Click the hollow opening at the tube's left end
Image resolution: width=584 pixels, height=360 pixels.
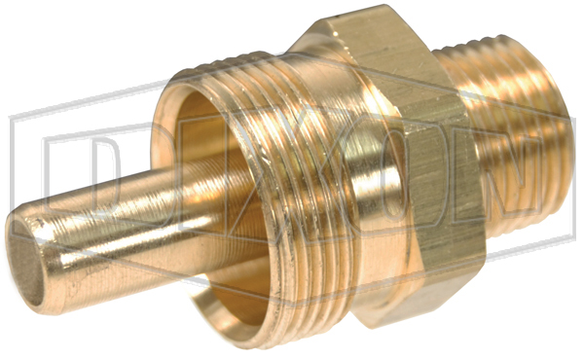point(26,261)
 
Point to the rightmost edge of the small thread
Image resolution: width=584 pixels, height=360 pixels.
point(571,146)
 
